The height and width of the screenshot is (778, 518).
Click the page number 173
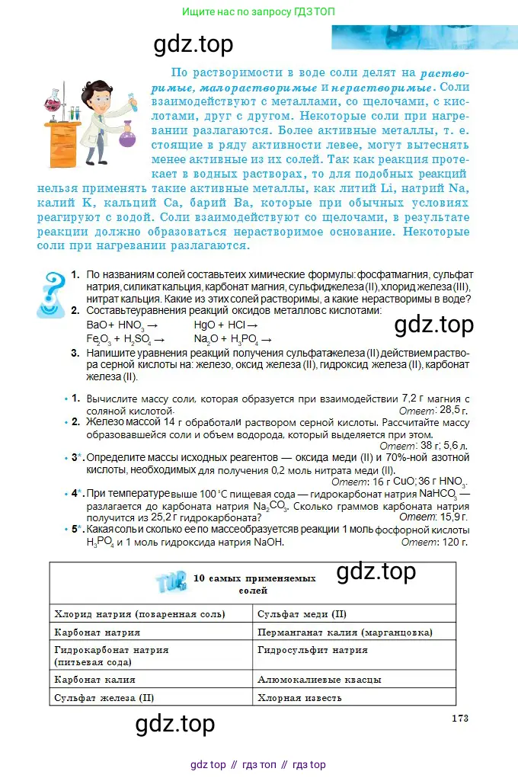459,718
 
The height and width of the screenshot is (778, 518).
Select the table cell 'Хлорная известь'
299,697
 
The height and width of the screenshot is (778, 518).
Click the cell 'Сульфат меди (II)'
302,613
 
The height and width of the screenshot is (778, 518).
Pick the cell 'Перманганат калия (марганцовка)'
344,632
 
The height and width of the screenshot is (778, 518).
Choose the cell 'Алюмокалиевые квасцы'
319,679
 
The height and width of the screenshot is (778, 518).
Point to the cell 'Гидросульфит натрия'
312,650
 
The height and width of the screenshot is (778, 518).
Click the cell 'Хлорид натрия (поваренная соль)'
140,613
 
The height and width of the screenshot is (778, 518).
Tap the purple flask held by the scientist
126,139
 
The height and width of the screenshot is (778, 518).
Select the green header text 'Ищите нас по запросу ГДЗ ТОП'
258,12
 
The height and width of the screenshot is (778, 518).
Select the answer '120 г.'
452,542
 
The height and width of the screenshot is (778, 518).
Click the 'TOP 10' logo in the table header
171,583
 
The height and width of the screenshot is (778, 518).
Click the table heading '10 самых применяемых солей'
254,584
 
